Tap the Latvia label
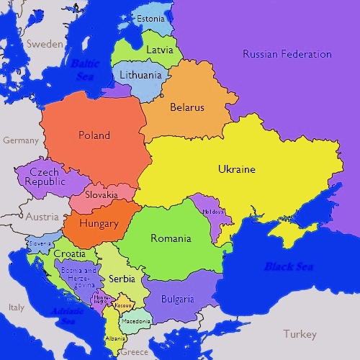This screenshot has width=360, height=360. click(159, 50)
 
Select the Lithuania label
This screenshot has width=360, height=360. click(141, 73)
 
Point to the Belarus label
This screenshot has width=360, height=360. click(187, 107)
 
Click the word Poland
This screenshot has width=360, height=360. click(94, 135)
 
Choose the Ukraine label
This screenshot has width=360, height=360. click(236, 169)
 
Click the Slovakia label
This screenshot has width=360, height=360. click(102, 195)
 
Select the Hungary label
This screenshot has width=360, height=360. click(99, 223)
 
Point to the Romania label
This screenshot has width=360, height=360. click(171, 238)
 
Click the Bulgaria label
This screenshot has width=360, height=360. click(177, 299)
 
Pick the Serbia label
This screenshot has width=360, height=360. click(121, 278)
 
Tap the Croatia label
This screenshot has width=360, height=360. click(69, 254)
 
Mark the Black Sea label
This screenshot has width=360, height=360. click(287, 266)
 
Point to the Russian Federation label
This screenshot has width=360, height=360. click(287, 54)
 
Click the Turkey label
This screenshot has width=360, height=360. click(300, 334)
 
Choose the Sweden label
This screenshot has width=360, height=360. click(45, 43)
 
